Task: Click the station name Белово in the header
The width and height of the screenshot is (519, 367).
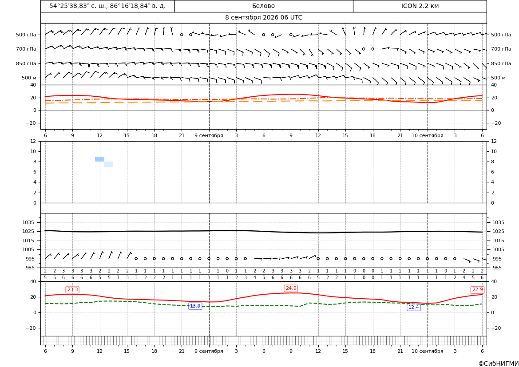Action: coord(263,6)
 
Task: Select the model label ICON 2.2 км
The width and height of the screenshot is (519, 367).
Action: coord(420,6)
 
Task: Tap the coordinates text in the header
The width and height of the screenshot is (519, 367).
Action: coord(107,6)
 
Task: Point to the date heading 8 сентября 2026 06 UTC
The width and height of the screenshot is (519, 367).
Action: coord(263,18)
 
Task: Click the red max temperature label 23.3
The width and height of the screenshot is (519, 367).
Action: coord(72,290)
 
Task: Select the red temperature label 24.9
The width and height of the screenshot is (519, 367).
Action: coord(291,288)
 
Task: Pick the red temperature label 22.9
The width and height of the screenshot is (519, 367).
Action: coord(477,290)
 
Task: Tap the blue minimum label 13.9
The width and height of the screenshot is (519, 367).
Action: coord(195,306)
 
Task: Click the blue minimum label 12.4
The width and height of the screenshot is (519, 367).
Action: coord(413,308)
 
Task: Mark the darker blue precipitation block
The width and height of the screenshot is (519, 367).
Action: coord(99,159)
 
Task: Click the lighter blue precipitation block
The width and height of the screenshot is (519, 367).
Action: coord(109,164)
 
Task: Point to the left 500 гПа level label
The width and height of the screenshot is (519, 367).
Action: coord(26,35)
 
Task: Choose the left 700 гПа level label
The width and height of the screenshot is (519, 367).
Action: coord(26,49)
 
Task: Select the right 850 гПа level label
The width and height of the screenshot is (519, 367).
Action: coord(501,63)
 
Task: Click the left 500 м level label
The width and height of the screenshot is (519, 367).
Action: coord(29,78)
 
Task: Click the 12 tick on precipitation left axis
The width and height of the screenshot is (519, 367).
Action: coord(33,141)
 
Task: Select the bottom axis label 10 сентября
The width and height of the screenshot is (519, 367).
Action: coord(427,351)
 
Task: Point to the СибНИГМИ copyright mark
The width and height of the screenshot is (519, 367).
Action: coord(499,364)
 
